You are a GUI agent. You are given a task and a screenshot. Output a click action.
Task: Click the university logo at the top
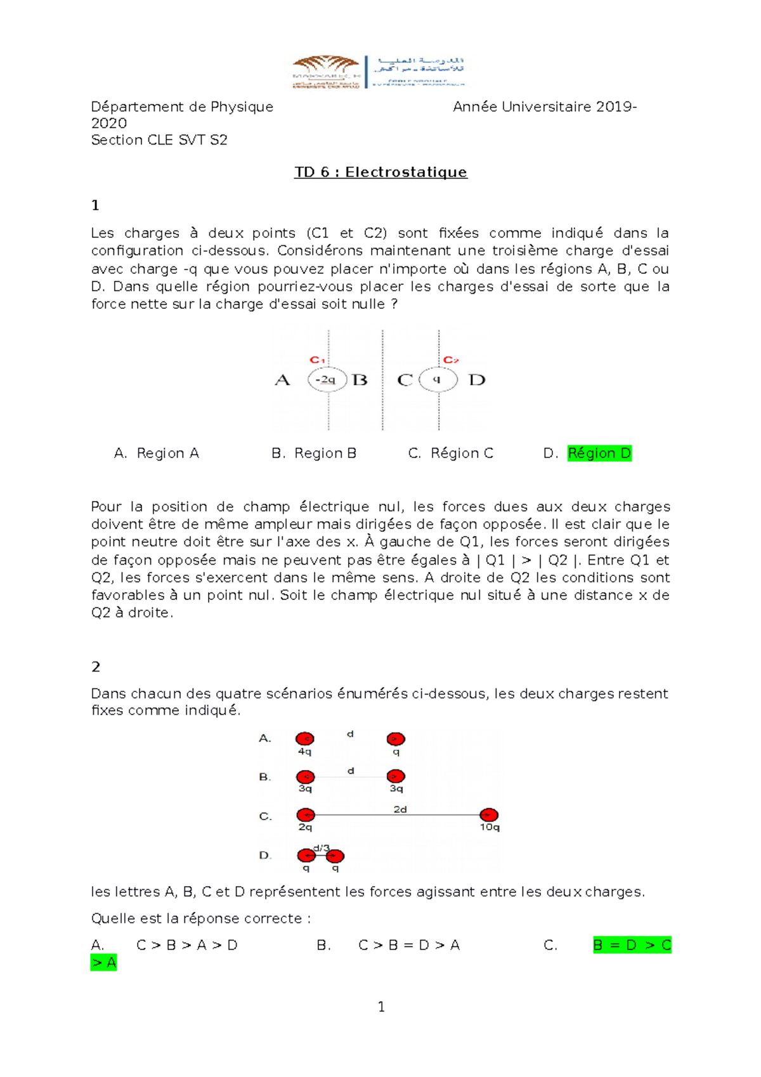point(379,72)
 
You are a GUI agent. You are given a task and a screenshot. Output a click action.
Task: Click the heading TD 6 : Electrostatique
point(380,173)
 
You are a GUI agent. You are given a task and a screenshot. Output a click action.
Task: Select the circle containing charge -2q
point(327,380)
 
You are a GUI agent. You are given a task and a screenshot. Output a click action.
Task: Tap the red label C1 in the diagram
point(317,360)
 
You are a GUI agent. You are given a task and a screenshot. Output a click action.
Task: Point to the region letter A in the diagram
point(282,381)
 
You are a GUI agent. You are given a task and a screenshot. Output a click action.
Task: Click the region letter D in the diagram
point(477,381)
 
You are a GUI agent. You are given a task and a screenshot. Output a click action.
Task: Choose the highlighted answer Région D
point(599,454)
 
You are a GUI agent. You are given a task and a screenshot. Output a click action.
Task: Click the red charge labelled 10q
point(488,815)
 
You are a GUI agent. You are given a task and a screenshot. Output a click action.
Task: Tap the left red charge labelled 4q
point(305,739)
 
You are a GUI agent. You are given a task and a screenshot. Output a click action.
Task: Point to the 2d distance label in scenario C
point(400,809)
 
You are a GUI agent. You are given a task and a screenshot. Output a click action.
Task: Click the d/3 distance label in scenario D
point(322,848)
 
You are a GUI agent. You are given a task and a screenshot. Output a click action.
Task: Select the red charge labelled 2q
point(306,815)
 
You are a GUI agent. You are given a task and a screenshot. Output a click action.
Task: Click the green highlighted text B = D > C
point(632,946)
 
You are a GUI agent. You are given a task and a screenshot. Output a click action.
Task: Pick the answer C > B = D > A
point(409,946)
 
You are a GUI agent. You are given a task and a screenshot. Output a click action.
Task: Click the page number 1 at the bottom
point(381,1007)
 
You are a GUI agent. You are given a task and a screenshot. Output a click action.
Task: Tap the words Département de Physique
point(182,107)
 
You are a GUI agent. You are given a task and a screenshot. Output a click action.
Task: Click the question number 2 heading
point(96,667)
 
